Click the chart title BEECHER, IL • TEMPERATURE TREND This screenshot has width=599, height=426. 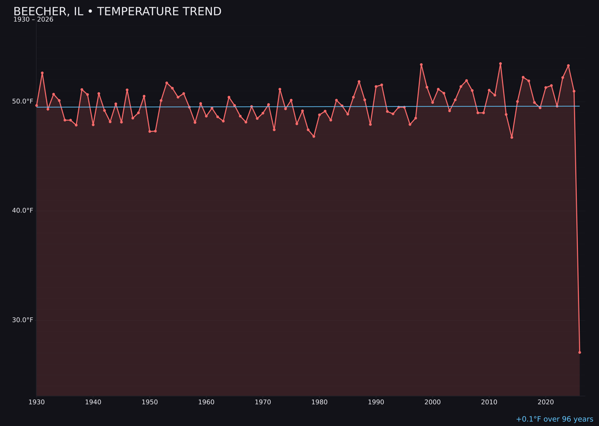pyautogui.click(x=117, y=12)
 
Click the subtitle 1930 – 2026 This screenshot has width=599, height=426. pyautogui.click(x=33, y=20)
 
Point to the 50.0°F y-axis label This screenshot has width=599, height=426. pyautogui.click(x=23, y=102)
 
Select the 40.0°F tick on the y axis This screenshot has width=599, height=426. pyautogui.click(x=23, y=211)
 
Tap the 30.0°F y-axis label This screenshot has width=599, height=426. pyautogui.click(x=23, y=320)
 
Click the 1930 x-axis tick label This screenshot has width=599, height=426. pyautogui.click(x=37, y=402)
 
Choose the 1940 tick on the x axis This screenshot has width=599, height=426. pyautogui.click(x=93, y=402)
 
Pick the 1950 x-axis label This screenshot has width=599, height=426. pyautogui.click(x=150, y=402)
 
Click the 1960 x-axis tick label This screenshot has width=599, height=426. pyautogui.click(x=206, y=402)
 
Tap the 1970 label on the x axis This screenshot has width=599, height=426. pyautogui.click(x=263, y=402)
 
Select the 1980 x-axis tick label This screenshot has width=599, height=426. pyautogui.click(x=319, y=402)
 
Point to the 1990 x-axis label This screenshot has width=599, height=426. pyautogui.click(x=376, y=402)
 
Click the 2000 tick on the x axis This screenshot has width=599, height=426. pyautogui.click(x=433, y=402)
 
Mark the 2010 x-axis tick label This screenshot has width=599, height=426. pyautogui.click(x=489, y=402)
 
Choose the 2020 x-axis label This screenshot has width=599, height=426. pyautogui.click(x=546, y=402)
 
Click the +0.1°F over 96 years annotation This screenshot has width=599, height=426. pyautogui.click(x=554, y=419)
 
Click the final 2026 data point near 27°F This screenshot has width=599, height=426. pyautogui.click(x=580, y=352)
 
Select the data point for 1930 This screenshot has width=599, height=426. pyautogui.click(x=37, y=105)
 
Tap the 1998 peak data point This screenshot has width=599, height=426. pyautogui.click(x=421, y=65)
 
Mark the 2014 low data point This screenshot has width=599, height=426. pyautogui.click(x=512, y=137)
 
